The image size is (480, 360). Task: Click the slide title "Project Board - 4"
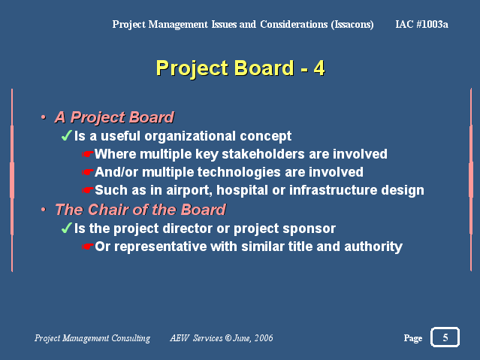(x=240, y=68)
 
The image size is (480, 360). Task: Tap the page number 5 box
(x=445, y=337)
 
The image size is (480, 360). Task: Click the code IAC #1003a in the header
(x=421, y=24)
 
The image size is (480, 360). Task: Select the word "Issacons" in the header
(x=352, y=25)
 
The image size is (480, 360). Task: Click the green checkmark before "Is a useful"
(x=66, y=135)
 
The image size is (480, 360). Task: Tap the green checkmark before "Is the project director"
(x=66, y=228)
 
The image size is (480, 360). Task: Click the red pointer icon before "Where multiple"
(x=87, y=154)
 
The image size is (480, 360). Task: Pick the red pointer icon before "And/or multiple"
(x=87, y=172)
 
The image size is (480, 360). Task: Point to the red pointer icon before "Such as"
(x=87, y=190)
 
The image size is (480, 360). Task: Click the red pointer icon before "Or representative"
(x=87, y=247)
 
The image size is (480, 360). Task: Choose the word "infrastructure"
(x=333, y=190)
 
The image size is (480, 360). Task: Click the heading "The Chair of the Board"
(x=140, y=210)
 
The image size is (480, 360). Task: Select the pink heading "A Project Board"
(x=114, y=117)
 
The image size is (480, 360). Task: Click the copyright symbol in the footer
(x=228, y=338)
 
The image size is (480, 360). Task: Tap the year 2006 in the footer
(x=264, y=338)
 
